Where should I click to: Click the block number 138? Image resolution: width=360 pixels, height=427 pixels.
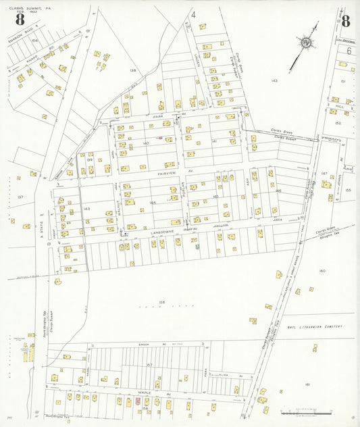[x=133, y=70]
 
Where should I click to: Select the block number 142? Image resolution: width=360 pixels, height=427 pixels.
[x=274, y=80]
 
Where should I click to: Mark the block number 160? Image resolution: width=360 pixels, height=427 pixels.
[x=322, y=271]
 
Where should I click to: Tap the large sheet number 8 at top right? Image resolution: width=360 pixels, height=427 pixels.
[x=345, y=20]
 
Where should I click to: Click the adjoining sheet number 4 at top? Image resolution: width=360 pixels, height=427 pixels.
[x=192, y=14]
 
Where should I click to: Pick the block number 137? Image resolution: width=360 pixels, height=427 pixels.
[x=20, y=197]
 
